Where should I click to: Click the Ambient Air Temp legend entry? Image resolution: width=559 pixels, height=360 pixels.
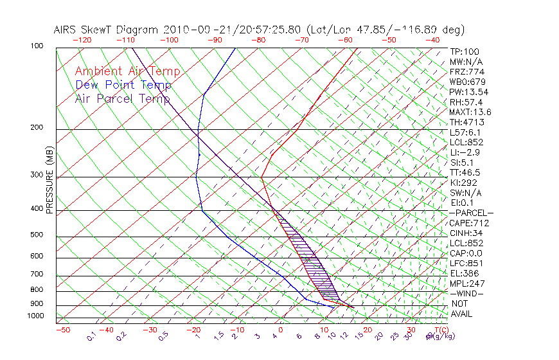pyautogui.click(x=127, y=71)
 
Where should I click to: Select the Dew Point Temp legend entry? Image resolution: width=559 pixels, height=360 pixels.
pyautogui.click(x=123, y=85)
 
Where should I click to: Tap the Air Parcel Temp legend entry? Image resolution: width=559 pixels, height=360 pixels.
pyautogui.click(x=123, y=98)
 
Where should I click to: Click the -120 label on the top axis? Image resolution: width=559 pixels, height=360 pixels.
pyautogui.click(x=82, y=40)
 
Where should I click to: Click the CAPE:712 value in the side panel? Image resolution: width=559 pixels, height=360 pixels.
pyautogui.click(x=469, y=223)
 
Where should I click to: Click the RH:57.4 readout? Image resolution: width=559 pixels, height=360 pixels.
pyautogui.click(x=466, y=102)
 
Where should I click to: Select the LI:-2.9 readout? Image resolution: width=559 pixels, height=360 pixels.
pyautogui.click(x=465, y=152)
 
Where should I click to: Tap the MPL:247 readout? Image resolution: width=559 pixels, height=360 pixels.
pyautogui.click(x=467, y=283)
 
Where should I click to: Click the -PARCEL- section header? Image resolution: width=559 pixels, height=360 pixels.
pyautogui.click(x=471, y=213)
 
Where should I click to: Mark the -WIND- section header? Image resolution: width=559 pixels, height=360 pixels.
pyautogui.click(x=466, y=294)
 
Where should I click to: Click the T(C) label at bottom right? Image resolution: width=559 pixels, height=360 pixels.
pyautogui.click(x=442, y=330)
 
